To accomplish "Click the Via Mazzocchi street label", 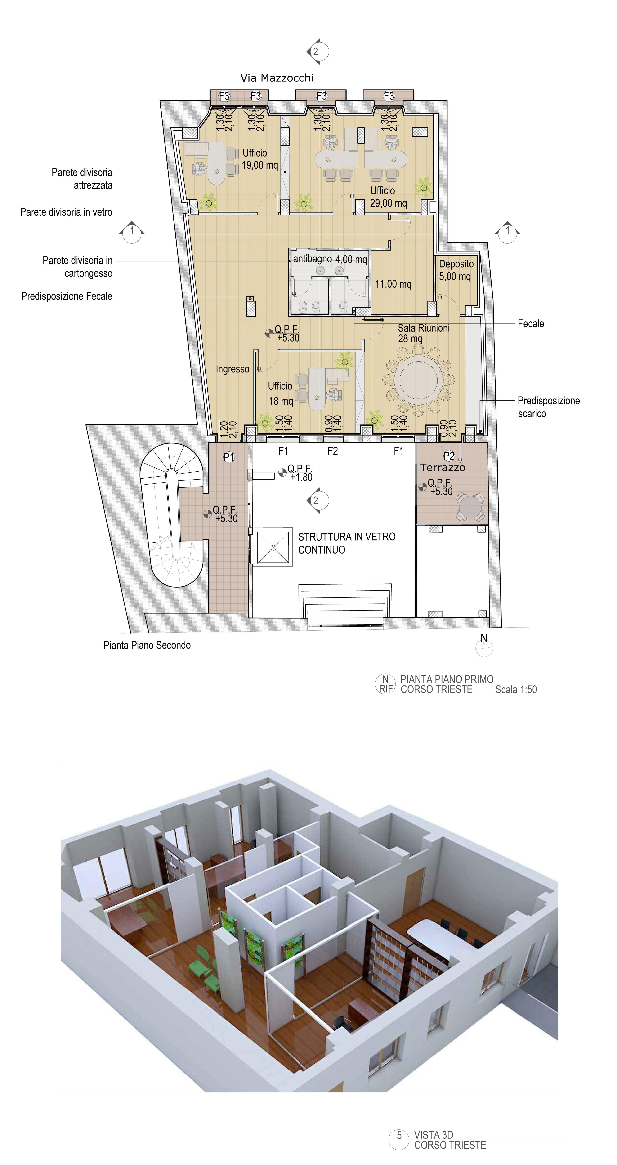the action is (277, 78).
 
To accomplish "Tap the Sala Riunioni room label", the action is (424, 328).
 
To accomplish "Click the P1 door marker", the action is (229, 457).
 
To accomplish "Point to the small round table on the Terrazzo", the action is (470, 506).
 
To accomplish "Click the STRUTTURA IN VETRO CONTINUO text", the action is (347, 543).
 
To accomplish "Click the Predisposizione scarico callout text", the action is (549, 407).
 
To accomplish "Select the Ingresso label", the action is (232, 369).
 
